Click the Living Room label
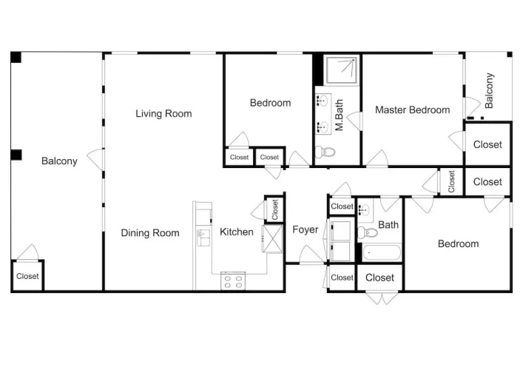coord(163,114)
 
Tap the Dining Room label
coord(150,232)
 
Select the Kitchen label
coord(237,232)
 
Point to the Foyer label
coord(306,229)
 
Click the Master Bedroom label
coord(412,110)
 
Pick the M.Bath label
coord(339,115)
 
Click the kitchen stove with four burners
coord(233,281)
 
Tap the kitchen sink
coord(203,238)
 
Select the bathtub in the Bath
coord(382,253)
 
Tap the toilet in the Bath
coord(368,232)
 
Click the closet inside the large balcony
coord(27,275)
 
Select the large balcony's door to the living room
coord(95,160)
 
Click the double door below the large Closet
coord(382,298)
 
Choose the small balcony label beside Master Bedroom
coord(489,90)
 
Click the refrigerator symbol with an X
coord(272,238)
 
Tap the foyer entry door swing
coord(311,255)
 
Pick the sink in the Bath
coord(365,210)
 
